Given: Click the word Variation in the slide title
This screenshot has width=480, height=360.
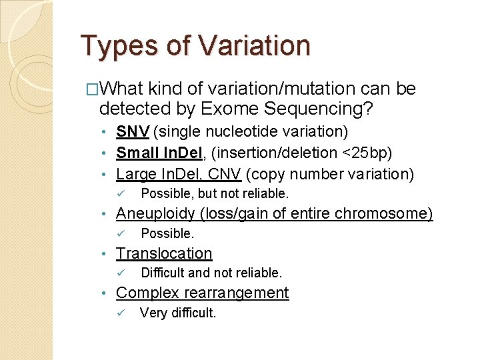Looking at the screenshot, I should tap(255, 46).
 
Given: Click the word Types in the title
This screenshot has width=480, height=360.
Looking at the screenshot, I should tap(121, 46).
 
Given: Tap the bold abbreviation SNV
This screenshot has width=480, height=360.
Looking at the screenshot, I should tap(133, 132).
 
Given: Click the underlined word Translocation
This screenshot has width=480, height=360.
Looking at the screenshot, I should tap(164, 253).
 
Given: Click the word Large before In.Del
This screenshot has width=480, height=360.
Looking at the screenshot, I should tap(135, 174).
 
